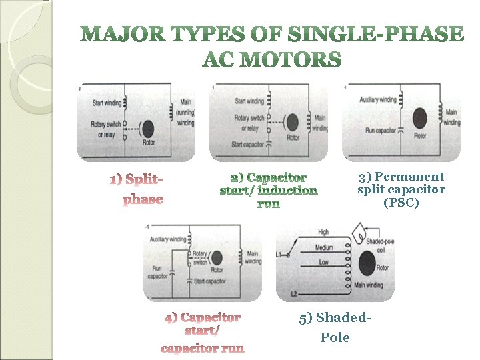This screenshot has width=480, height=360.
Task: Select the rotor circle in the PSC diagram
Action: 420,123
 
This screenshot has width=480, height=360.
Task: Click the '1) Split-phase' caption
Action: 137,189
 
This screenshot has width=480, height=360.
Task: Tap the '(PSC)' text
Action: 401,203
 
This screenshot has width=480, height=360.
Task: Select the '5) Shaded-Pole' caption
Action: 335,327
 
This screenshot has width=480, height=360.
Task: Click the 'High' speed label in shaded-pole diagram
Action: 323,232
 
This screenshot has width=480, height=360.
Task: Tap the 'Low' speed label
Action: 323,263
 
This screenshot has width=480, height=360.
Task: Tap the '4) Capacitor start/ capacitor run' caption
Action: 203,332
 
